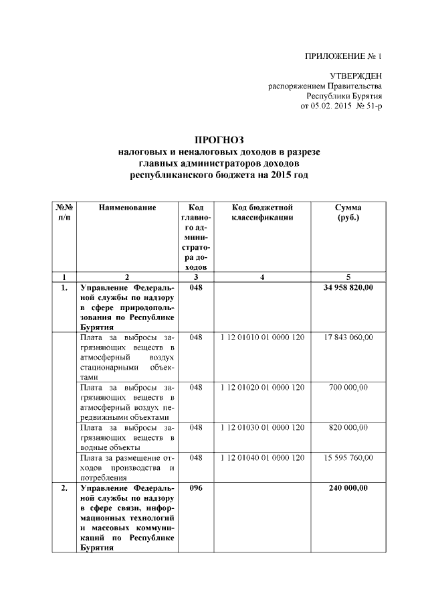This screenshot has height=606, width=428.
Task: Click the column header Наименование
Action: [x=127, y=208]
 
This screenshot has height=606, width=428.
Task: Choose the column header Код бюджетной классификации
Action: [x=262, y=213]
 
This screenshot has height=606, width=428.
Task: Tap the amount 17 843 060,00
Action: [x=348, y=337]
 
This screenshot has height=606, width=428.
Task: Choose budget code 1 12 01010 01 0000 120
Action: [x=262, y=337]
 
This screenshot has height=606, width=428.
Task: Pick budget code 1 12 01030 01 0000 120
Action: [x=262, y=427]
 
